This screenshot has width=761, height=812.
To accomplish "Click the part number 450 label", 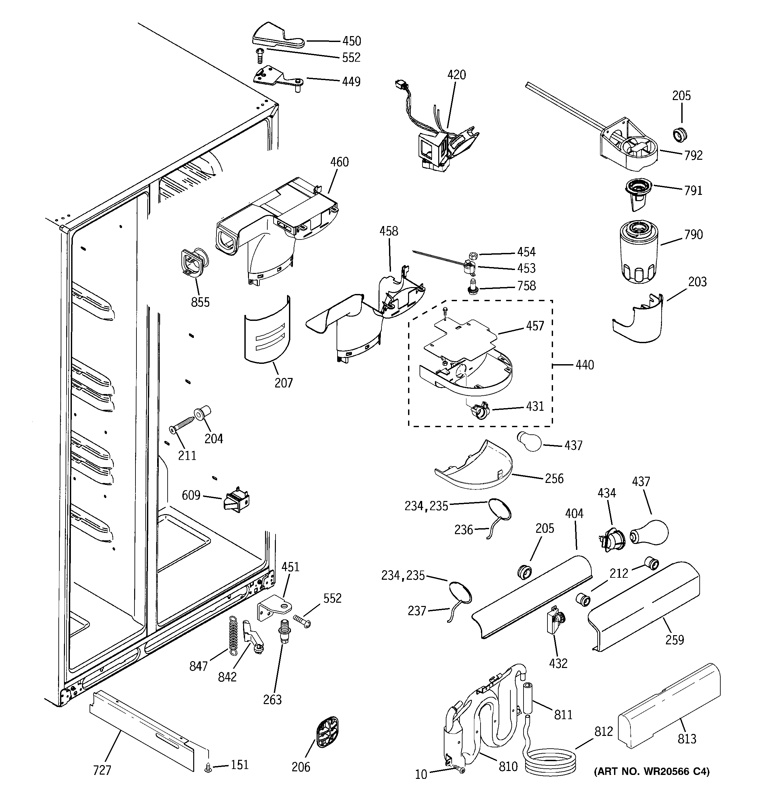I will point(351,41).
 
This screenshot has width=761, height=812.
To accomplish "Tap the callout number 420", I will point(456,75).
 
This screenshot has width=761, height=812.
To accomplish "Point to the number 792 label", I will point(693,155).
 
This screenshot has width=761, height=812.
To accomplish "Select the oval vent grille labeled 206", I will point(327,732).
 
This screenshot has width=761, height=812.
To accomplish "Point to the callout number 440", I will point(585,365).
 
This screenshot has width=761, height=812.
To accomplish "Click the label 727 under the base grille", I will point(102,770).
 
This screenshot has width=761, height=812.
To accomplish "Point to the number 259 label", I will point(674,640).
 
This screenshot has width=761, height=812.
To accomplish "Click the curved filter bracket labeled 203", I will point(638,321).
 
